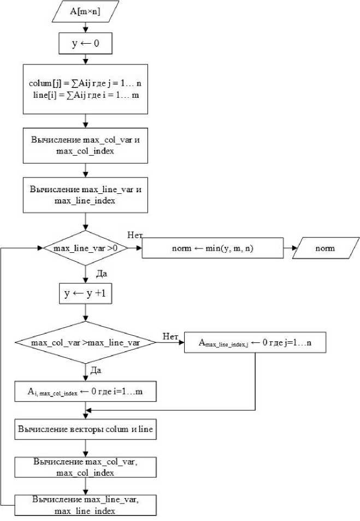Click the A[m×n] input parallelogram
point(86,11)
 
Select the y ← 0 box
point(86,44)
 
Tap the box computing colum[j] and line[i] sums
point(86,89)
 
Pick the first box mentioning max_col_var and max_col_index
point(86,145)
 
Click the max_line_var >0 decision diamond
point(86,248)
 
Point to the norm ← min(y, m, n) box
point(213,248)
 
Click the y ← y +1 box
point(86,293)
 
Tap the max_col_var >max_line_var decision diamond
point(86,343)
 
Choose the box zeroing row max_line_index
point(256,343)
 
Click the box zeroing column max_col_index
point(86,391)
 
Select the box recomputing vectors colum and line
point(86,430)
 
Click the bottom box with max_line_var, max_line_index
point(86,505)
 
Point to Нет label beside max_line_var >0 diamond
point(135,235)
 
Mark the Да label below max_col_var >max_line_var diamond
point(95,370)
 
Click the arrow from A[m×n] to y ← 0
point(86,28)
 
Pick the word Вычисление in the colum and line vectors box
point(42,430)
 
